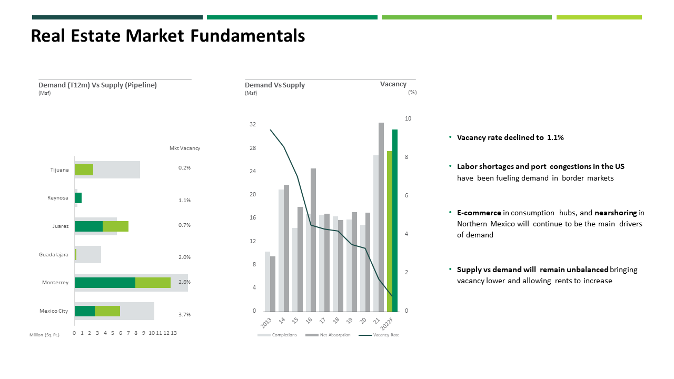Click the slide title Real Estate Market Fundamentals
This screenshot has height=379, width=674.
pos(168,36)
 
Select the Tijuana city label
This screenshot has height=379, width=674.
pos(60,170)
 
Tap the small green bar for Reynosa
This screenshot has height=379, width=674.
pos(78,198)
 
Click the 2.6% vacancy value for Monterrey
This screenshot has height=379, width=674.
pos(184,282)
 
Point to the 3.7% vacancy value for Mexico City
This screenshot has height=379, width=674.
pos(184,314)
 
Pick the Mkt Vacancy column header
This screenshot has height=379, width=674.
pos(185,148)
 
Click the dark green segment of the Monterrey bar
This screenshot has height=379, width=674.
pos(105,283)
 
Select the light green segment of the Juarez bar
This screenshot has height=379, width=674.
pos(115,226)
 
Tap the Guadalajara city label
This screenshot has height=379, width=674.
pos(54,254)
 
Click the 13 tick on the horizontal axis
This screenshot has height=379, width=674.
pos(174,333)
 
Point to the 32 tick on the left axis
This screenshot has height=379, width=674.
pos(253,124)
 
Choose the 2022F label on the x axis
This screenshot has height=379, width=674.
pos(386,324)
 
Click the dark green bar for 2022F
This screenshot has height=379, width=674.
pos(395,221)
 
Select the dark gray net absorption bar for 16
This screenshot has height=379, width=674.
pos(313,240)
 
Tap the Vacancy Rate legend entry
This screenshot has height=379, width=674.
pos(379,335)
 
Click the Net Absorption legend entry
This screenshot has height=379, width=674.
pos(328,335)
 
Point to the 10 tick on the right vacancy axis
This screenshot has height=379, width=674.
pos(408,118)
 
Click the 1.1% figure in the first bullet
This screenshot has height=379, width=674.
pos(555,137)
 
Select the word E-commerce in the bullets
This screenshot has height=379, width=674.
pos(479,213)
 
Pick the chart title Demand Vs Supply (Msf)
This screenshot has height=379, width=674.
pos(275,88)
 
